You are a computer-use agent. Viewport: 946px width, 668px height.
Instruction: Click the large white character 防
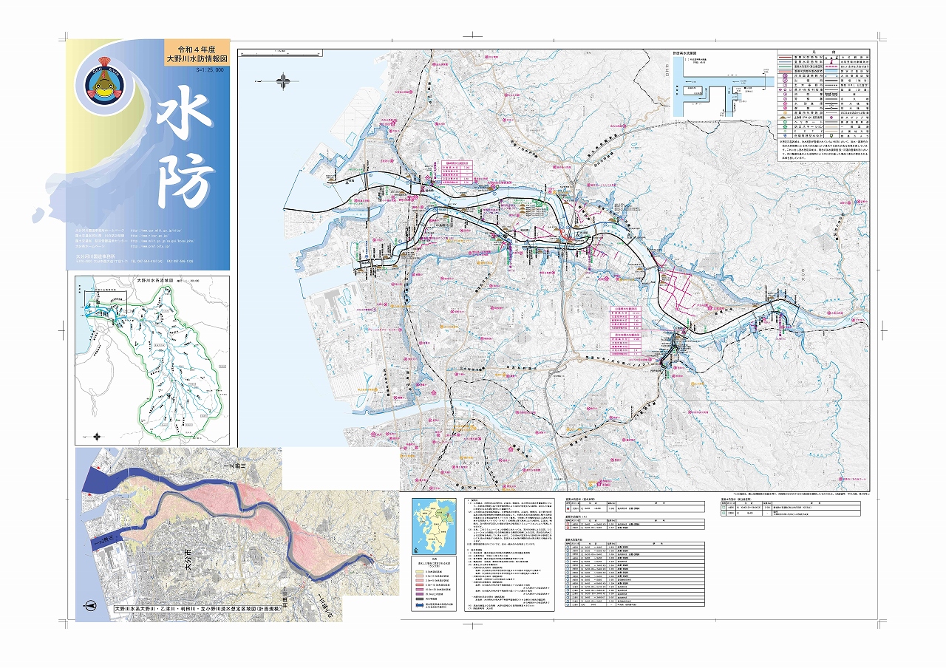point(185,181)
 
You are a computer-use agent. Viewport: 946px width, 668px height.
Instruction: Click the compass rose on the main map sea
point(284,80)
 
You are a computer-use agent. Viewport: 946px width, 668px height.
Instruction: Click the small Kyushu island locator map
point(434,525)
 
